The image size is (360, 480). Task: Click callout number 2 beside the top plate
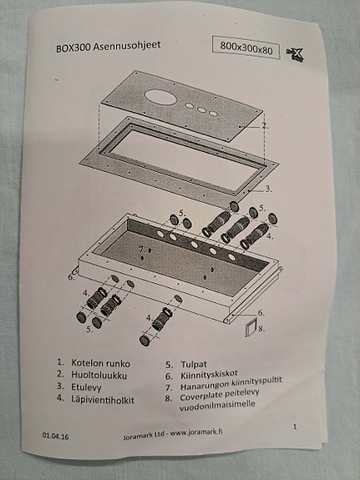[264, 126]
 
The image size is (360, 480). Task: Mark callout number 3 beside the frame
[268, 189]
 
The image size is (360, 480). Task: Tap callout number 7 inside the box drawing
[141, 250]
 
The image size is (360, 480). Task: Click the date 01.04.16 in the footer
[58, 435]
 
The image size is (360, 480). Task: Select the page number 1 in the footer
[295, 427]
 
